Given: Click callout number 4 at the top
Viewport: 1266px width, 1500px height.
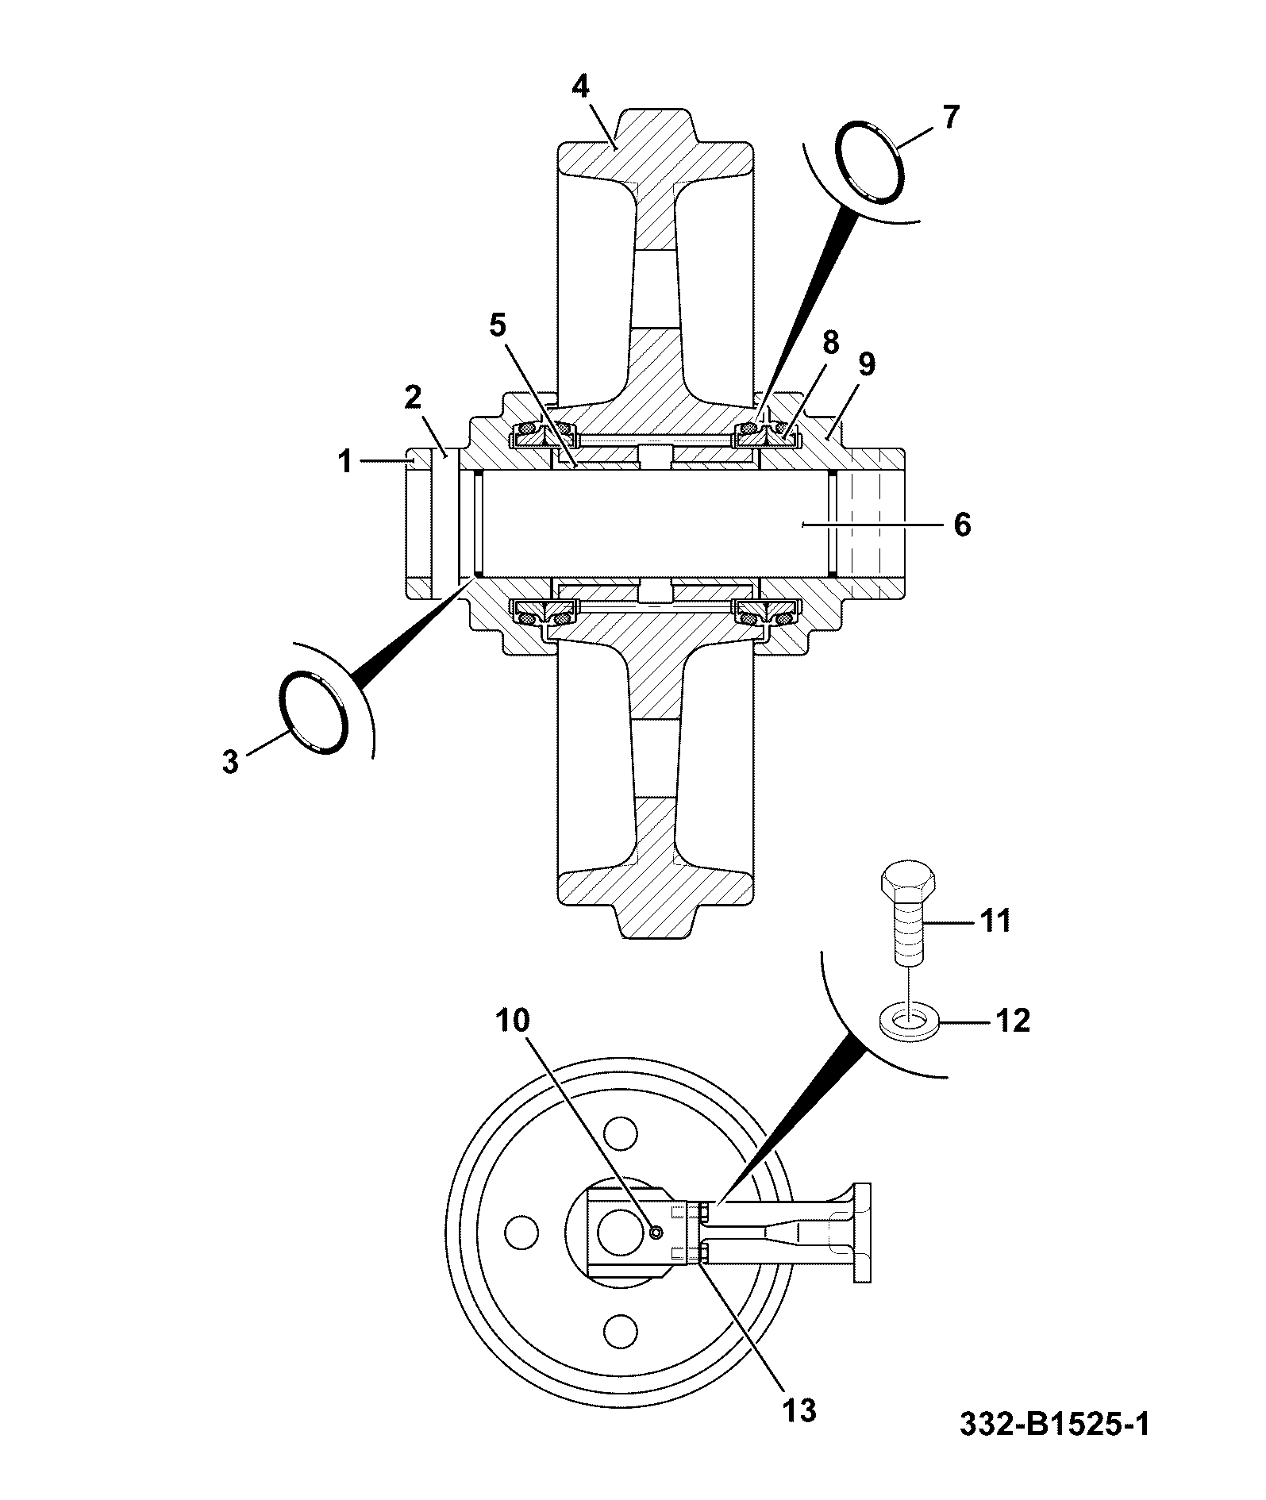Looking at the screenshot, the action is (581, 87).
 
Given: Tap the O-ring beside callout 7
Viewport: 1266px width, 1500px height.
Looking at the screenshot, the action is (871, 161).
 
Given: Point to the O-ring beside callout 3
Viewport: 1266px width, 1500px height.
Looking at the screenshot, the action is (313, 712).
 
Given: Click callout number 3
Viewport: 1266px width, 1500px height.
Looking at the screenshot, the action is (230, 762).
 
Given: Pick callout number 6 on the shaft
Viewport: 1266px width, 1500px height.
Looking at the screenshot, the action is (961, 525).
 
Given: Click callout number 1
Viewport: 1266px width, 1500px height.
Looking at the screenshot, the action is (345, 461).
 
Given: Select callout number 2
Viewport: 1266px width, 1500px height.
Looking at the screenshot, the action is (413, 397).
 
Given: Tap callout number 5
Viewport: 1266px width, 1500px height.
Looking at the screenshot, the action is (497, 325).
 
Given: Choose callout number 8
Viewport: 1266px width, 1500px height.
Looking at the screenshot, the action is (829, 343).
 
